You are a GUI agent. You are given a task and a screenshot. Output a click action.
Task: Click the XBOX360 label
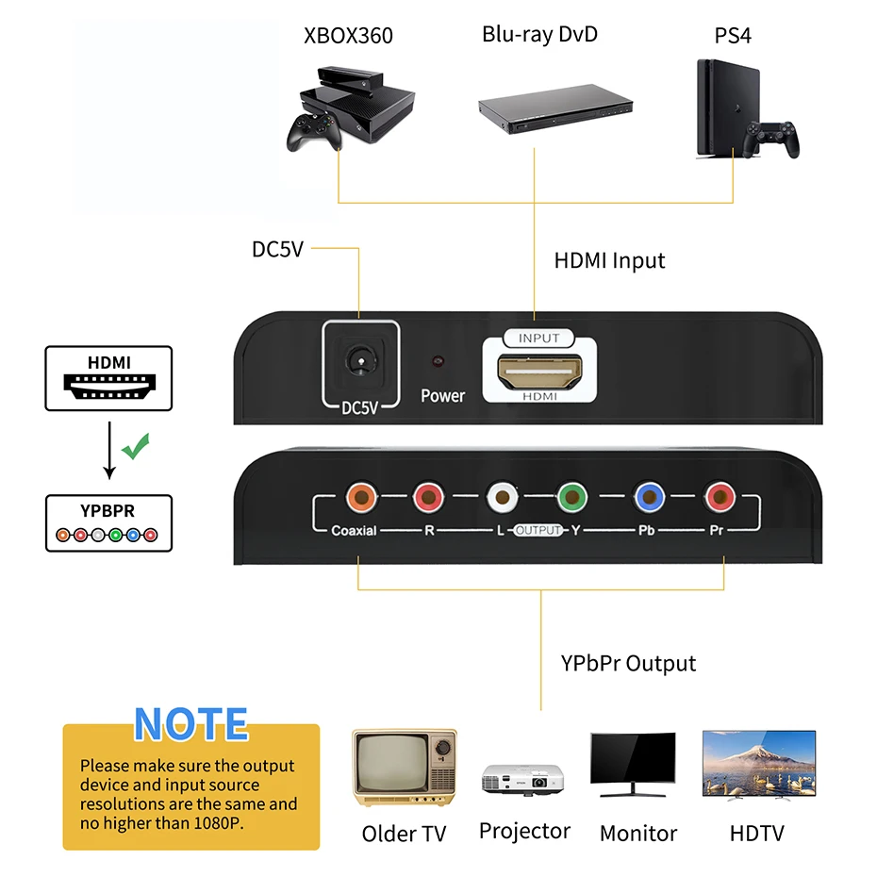tap(348, 37)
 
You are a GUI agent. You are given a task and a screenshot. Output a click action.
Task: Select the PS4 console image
tap(721, 108)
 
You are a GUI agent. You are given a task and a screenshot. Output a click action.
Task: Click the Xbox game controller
tap(313, 134)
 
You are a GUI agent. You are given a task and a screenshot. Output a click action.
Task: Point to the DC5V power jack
tap(359, 361)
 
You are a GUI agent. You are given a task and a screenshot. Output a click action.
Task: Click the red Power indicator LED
tap(438, 362)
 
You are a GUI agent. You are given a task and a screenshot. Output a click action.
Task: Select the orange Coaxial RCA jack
tap(360, 496)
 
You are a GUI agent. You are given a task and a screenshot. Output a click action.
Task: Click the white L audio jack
tap(501, 496)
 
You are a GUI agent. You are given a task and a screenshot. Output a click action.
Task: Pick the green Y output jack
tap(572, 496)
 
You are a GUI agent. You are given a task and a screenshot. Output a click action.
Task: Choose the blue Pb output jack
tap(647, 496)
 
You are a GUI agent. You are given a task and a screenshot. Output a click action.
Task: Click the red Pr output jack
tap(720, 496)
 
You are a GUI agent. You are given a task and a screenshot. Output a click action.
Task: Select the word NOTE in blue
tap(191, 724)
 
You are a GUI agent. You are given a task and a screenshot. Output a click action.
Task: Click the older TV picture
tap(405, 768)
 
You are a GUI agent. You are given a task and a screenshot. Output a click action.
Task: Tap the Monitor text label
tap(638, 834)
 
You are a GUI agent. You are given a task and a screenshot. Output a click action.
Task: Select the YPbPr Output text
tap(628, 663)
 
